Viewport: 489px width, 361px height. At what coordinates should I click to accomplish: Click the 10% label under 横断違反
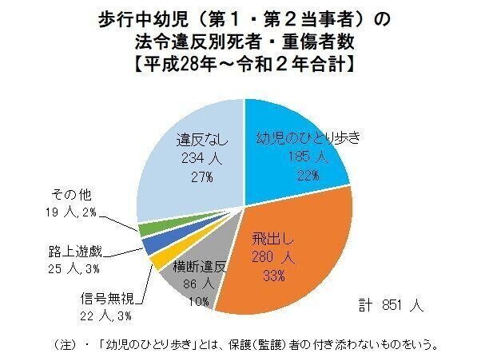200,301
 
